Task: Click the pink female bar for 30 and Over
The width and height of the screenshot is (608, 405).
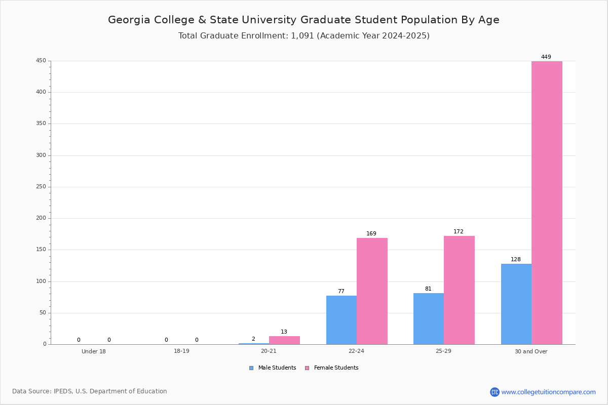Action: click(547, 202)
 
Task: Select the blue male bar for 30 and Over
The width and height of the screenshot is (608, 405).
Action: click(516, 304)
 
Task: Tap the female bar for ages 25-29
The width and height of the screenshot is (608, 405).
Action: click(459, 290)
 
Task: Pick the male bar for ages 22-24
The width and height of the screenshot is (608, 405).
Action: click(341, 320)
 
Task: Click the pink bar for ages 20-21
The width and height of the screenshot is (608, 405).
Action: click(284, 340)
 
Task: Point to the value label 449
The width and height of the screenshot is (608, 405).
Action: click(546, 57)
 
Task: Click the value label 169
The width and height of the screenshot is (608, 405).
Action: click(371, 234)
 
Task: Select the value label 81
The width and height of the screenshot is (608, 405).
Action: click(428, 289)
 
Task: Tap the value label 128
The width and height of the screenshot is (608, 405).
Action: click(515, 260)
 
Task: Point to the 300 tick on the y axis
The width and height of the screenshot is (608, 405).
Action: click(41, 155)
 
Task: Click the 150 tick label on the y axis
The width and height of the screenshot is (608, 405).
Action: click(41, 250)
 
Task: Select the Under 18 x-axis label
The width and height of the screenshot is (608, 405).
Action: click(94, 351)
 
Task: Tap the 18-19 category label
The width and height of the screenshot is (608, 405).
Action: click(181, 351)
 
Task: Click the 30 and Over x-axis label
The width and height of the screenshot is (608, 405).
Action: click(531, 351)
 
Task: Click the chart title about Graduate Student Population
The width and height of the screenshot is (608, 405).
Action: click(303, 20)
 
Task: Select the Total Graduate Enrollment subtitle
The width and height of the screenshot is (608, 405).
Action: click(303, 36)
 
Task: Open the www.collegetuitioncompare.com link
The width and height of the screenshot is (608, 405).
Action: click(548, 392)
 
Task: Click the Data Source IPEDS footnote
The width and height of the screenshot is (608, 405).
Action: click(90, 391)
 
